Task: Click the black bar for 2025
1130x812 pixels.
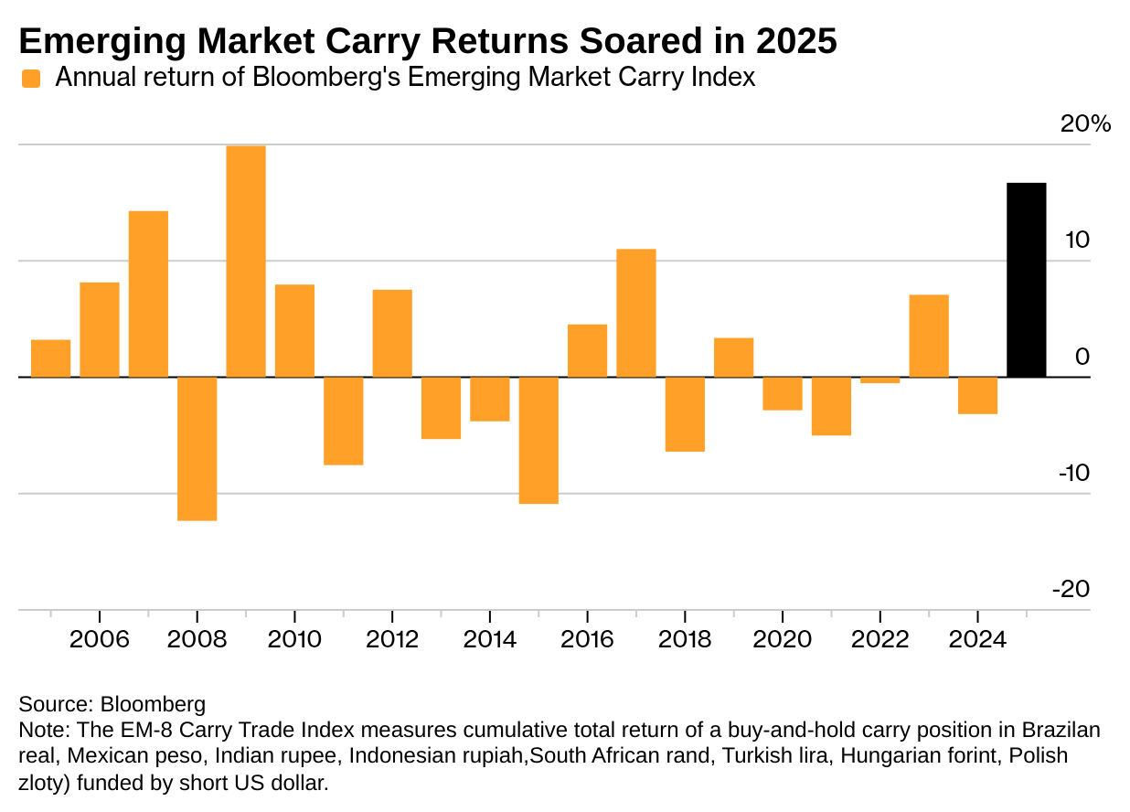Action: click(1026, 280)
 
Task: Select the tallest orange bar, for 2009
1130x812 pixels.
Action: click(246, 262)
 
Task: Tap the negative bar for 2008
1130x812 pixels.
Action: click(197, 448)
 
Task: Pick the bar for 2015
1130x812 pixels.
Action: click(538, 440)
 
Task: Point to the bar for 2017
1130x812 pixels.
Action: click(636, 313)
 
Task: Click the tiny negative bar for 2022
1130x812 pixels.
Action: click(879, 380)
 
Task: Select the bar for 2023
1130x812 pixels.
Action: click(929, 336)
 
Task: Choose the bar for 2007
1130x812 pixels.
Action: click(148, 294)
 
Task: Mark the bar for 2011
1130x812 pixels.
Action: click(344, 421)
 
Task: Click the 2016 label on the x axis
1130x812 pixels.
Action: click(587, 638)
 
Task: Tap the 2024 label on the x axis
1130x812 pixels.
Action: click(977, 638)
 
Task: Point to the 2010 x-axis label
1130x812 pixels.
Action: click(294, 638)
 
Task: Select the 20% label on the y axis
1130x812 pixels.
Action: click(1085, 124)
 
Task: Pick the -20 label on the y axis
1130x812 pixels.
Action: click(1071, 590)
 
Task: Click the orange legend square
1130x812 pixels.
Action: click(32, 79)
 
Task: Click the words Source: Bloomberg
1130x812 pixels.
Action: click(112, 705)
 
